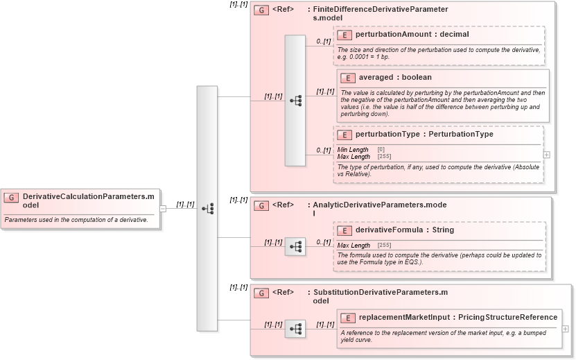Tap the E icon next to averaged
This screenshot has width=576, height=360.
tap(347, 78)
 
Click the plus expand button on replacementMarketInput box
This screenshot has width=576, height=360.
tap(566, 328)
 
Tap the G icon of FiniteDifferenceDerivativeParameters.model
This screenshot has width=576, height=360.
tap(261, 10)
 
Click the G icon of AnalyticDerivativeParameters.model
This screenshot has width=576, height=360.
tap(261, 206)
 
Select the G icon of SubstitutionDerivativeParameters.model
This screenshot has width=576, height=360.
tap(261, 293)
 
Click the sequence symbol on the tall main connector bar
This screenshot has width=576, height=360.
tap(207, 208)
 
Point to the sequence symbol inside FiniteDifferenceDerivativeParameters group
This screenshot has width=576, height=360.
tap(295, 101)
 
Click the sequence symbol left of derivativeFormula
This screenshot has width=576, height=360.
tap(295, 246)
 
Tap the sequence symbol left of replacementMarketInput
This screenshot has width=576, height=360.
tap(295, 329)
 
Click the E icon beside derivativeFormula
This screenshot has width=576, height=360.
tap(347, 230)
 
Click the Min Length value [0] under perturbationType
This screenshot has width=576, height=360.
tap(381, 149)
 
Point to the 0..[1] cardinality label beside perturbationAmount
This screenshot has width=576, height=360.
tap(323, 42)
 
